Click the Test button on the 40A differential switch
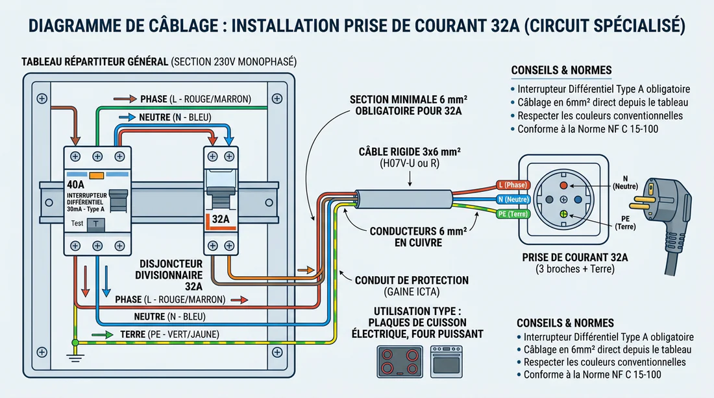(x=96, y=224)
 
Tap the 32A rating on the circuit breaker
(x=221, y=219)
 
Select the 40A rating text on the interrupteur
(x=75, y=185)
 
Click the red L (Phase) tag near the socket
(x=513, y=185)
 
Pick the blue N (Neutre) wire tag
(x=513, y=199)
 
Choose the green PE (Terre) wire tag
(x=513, y=214)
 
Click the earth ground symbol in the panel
(x=75, y=356)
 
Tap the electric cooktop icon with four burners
(x=400, y=362)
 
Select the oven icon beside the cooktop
(x=447, y=362)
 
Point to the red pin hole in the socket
(x=563, y=185)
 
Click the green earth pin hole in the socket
(x=563, y=215)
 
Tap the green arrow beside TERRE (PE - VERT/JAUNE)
(x=103, y=334)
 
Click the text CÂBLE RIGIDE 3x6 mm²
(x=410, y=152)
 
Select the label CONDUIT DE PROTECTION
(x=412, y=280)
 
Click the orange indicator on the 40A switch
(x=97, y=176)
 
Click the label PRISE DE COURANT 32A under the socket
(x=574, y=257)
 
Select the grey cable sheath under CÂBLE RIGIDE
(x=404, y=199)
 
